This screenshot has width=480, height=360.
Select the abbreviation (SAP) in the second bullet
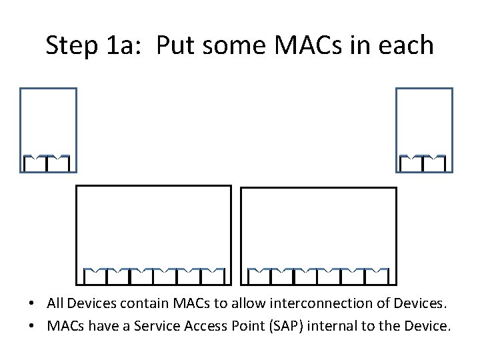pyautogui.click(x=296, y=327)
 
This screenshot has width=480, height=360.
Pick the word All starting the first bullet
pyautogui.click(x=55, y=304)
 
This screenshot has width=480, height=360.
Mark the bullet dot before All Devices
pyautogui.click(x=32, y=305)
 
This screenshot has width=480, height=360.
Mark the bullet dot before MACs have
pyautogui.click(x=32, y=327)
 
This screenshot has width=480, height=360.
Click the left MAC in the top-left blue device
pyautogui.click(x=35, y=163)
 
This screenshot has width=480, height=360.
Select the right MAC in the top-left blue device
pyautogui.click(x=59, y=163)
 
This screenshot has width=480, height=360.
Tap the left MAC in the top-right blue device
pyautogui.click(x=411, y=163)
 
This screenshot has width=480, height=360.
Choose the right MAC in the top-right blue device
pyautogui.click(x=435, y=163)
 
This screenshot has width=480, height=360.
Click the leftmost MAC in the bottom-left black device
pyautogui.click(x=95, y=275)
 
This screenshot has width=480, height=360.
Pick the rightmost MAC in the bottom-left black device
pyautogui.click(x=213, y=275)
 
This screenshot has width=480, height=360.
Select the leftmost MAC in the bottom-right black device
pyautogui.click(x=259, y=275)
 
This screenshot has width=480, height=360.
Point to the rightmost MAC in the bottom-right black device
pyautogui.click(x=377, y=275)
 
